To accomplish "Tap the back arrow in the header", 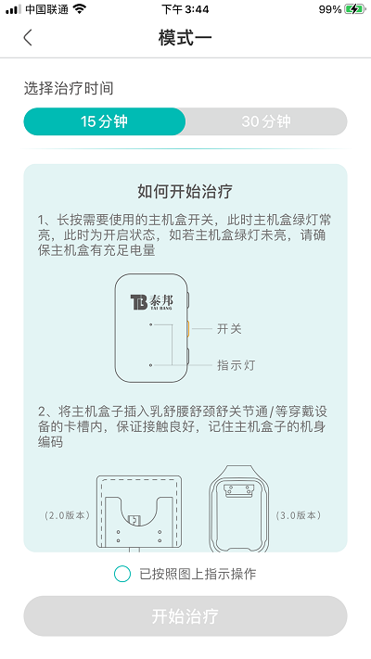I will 28,38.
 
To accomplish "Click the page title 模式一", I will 185,38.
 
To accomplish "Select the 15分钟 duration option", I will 105,121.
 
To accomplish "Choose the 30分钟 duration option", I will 266,121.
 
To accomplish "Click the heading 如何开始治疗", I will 185,192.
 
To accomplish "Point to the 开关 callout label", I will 229,329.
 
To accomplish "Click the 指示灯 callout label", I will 236,365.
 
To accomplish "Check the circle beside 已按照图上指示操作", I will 122,574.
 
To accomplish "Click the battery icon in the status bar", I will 354,9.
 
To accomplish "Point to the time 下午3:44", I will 185,9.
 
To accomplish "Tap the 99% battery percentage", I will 330,9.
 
